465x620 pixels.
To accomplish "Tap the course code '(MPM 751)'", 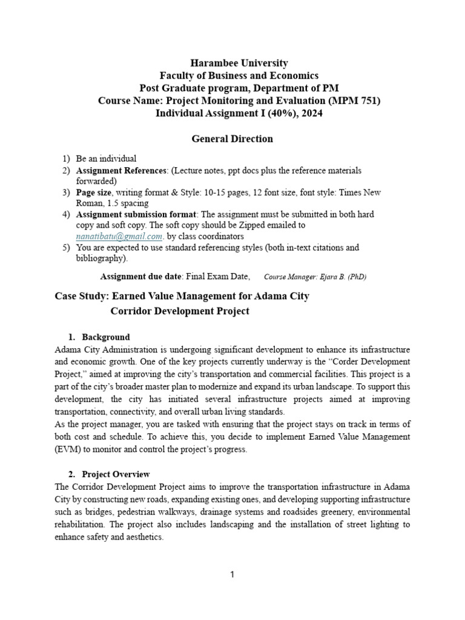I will tap(358, 101).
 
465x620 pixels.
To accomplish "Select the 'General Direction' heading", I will tap(232, 139).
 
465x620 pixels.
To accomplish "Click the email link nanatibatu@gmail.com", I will tap(119, 236).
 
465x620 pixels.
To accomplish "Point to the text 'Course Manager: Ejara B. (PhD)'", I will tap(315, 277).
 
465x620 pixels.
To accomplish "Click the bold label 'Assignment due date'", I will tap(140, 277).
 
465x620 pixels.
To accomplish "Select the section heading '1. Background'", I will tap(98, 337).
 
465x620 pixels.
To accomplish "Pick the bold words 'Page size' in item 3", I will tap(94, 193).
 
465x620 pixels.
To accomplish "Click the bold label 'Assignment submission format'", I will tap(136, 214).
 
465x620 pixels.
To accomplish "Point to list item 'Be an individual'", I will tap(106, 159).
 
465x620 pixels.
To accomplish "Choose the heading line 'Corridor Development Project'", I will tap(180, 311).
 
